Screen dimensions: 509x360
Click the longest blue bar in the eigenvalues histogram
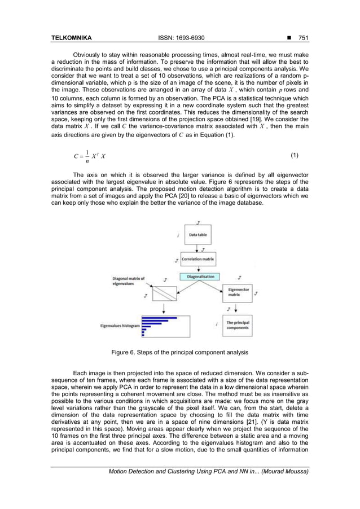[x=163, y=319]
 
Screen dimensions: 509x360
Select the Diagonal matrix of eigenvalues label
[x=128, y=280]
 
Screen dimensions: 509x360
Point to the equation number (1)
[x=294, y=155]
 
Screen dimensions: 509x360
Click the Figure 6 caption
[x=179, y=353]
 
